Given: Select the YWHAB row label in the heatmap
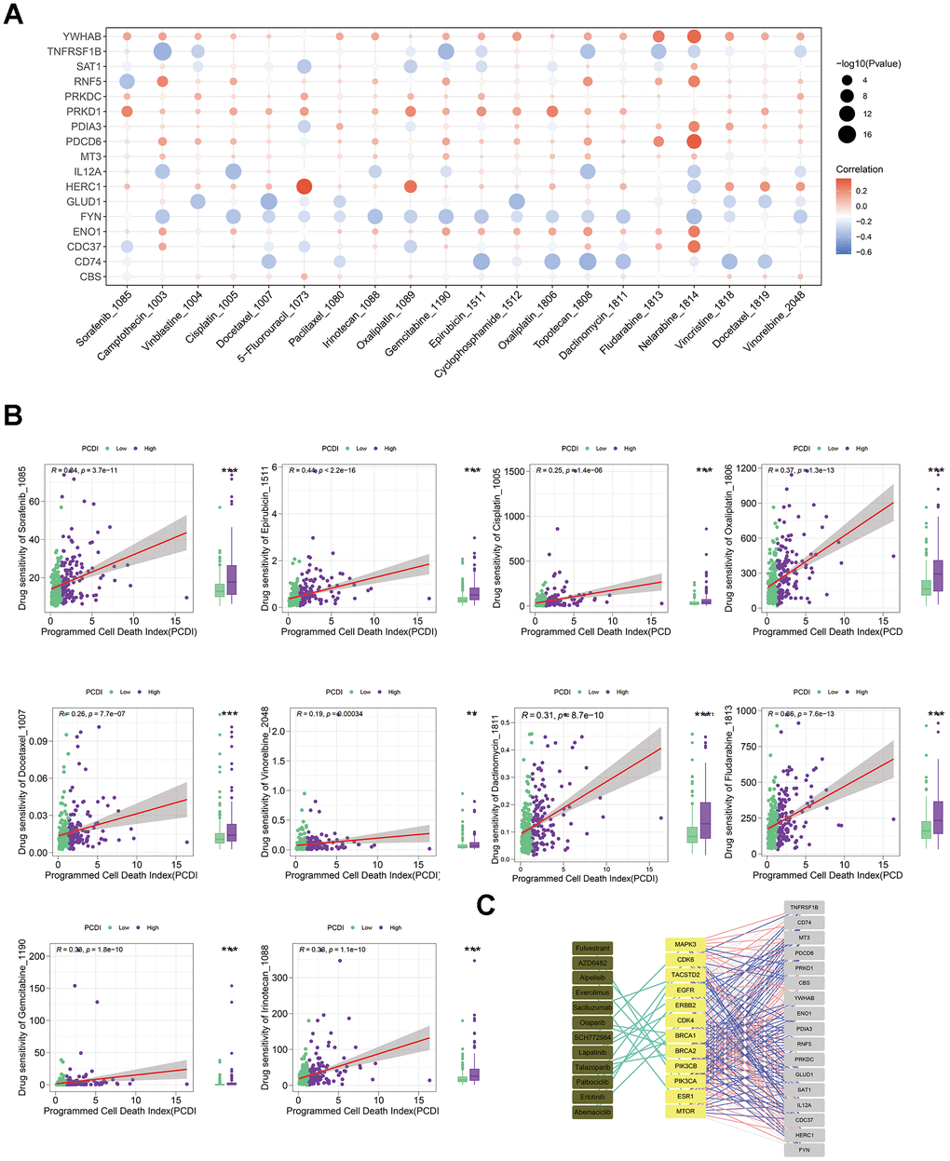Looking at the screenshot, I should coord(85,36).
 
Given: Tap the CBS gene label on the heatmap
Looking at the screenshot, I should coord(90,277).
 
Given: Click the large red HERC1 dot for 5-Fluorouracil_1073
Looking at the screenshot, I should coord(304,187).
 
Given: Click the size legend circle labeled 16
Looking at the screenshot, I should coord(847,135).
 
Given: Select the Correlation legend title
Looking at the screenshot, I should coord(860,169).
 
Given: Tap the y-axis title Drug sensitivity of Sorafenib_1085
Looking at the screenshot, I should coord(23,540).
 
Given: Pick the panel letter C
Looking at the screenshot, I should coord(485,906).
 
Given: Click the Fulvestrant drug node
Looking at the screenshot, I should coord(592,948).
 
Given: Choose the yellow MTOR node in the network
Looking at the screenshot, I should coord(685,1112).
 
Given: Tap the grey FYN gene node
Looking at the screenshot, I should coord(805,1150).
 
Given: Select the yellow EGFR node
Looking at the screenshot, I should coord(685,990).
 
